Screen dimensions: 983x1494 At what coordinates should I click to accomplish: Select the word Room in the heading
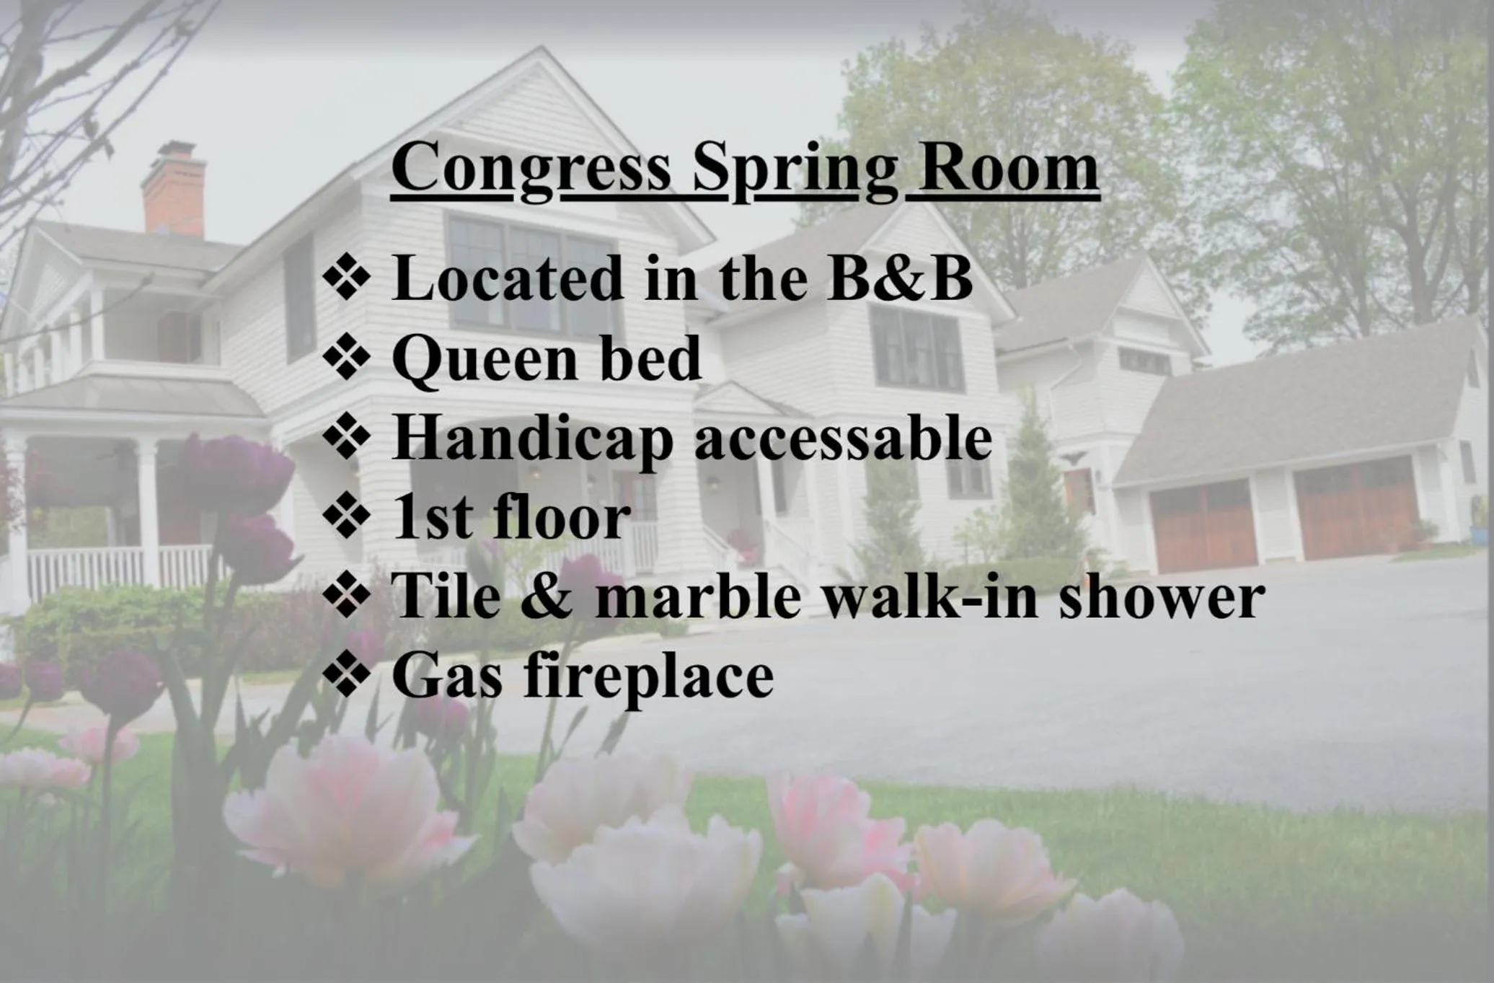pos(1008,168)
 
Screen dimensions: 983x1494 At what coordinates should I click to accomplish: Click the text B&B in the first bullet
pos(900,278)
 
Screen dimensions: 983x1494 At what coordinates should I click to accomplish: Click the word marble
pos(697,597)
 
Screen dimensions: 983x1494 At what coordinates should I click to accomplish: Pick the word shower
pos(1161,597)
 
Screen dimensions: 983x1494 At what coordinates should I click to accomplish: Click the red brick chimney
pos(174,191)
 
